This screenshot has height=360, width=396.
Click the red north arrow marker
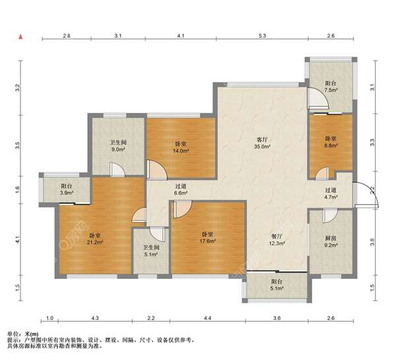pyautogui.click(x=21, y=37)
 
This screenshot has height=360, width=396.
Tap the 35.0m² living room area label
pyautogui.click(x=263, y=146)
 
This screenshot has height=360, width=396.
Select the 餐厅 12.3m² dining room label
pyautogui.click(x=277, y=240)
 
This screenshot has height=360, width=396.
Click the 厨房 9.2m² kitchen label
pyautogui.click(x=331, y=241)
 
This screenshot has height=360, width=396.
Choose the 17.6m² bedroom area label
pyautogui.click(x=208, y=241)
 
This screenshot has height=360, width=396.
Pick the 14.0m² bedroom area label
pyautogui.click(x=181, y=151)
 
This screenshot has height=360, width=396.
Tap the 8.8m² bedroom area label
pyautogui.click(x=331, y=146)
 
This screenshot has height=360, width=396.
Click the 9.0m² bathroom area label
pyautogui.click(x=118, y=150)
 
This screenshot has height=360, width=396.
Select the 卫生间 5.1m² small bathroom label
pyautogui.click(x=151, y=251)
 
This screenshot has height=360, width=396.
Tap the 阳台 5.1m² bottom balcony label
pyautogui.click(x=277, y=285)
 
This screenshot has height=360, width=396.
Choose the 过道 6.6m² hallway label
pyautogui.click(x=181, y=190)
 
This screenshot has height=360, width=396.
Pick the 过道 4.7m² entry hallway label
pyautogui.click(x=331, y=193)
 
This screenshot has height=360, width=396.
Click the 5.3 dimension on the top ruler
pyautogui.click(x=263, y=36)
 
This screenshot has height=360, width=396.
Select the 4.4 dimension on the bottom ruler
pyautogui.click(x=207, y=318)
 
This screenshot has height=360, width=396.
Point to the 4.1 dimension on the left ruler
pyautogui.click(x=17, y=239)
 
